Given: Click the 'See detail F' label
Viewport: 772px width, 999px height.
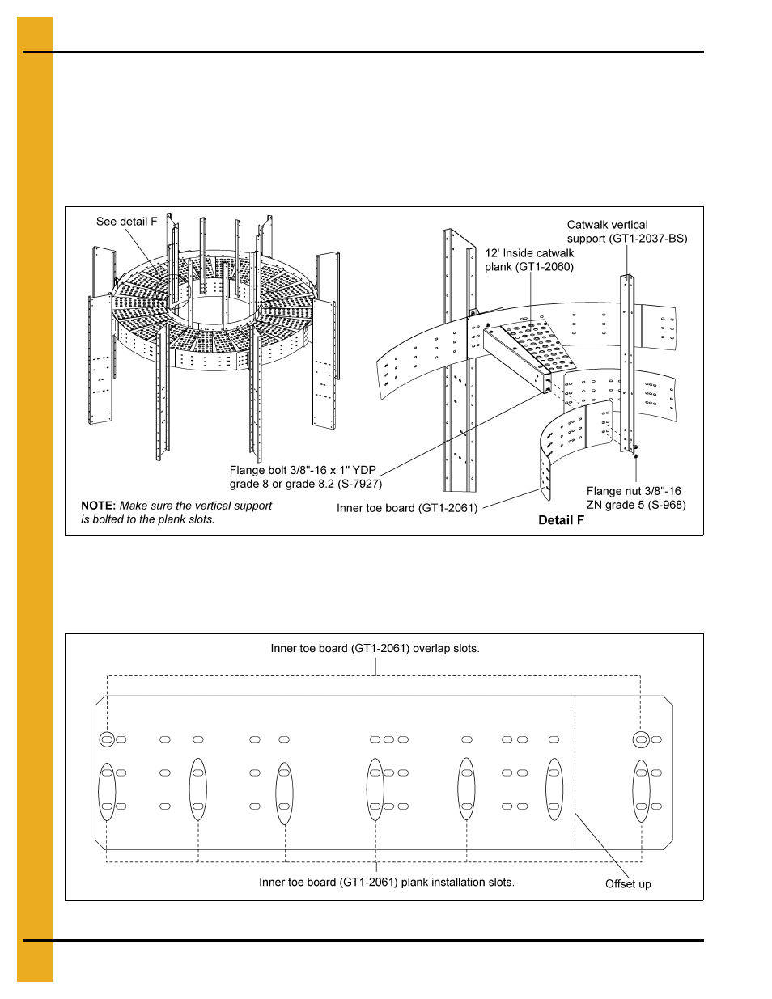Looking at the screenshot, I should (x=126, y=222).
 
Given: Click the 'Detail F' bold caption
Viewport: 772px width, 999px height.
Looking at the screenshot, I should (x=561, y=520).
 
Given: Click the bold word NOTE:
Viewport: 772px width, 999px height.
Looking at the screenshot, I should (x=98, y=506).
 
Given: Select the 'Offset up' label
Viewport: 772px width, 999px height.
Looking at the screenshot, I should (x=628, y=884).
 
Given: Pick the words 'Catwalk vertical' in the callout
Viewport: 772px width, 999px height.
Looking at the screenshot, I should (x=607, y=225).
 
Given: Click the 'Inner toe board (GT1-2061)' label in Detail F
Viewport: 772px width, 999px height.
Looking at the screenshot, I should (x=407, y=508).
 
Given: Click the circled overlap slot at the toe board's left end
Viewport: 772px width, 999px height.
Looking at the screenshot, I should (x=107, y=739).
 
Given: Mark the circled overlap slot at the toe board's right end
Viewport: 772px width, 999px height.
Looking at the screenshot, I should (x=641, y=739).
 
